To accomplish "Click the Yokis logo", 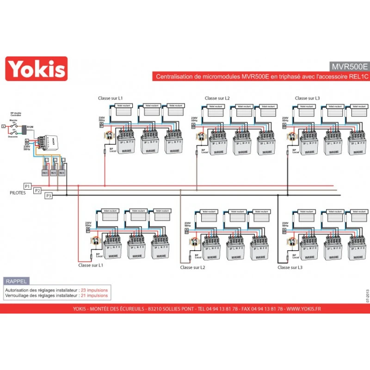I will [36, 69].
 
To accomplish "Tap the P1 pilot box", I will [27, 186].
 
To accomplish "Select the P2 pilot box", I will [37, 191].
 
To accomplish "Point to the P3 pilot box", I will [48, 196].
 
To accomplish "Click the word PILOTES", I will [18, 192].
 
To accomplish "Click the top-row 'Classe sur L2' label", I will [217, 98].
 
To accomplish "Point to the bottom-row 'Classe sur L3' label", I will [290, 267].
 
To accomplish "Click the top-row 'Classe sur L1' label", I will [111, 98].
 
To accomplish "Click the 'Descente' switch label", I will [13, 136].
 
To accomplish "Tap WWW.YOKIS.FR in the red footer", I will [303, 309].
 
